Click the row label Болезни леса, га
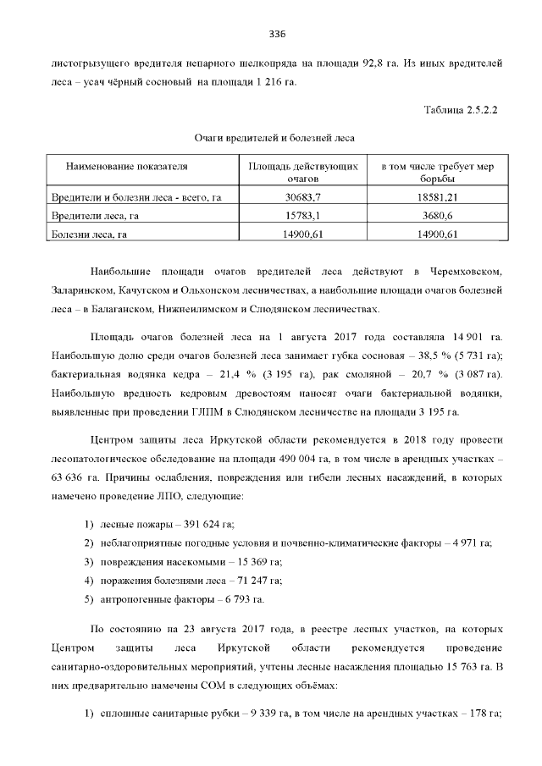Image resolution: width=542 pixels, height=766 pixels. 90,234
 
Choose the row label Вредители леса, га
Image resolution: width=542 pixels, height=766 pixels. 95,216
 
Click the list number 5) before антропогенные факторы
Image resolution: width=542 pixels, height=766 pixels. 87,599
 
